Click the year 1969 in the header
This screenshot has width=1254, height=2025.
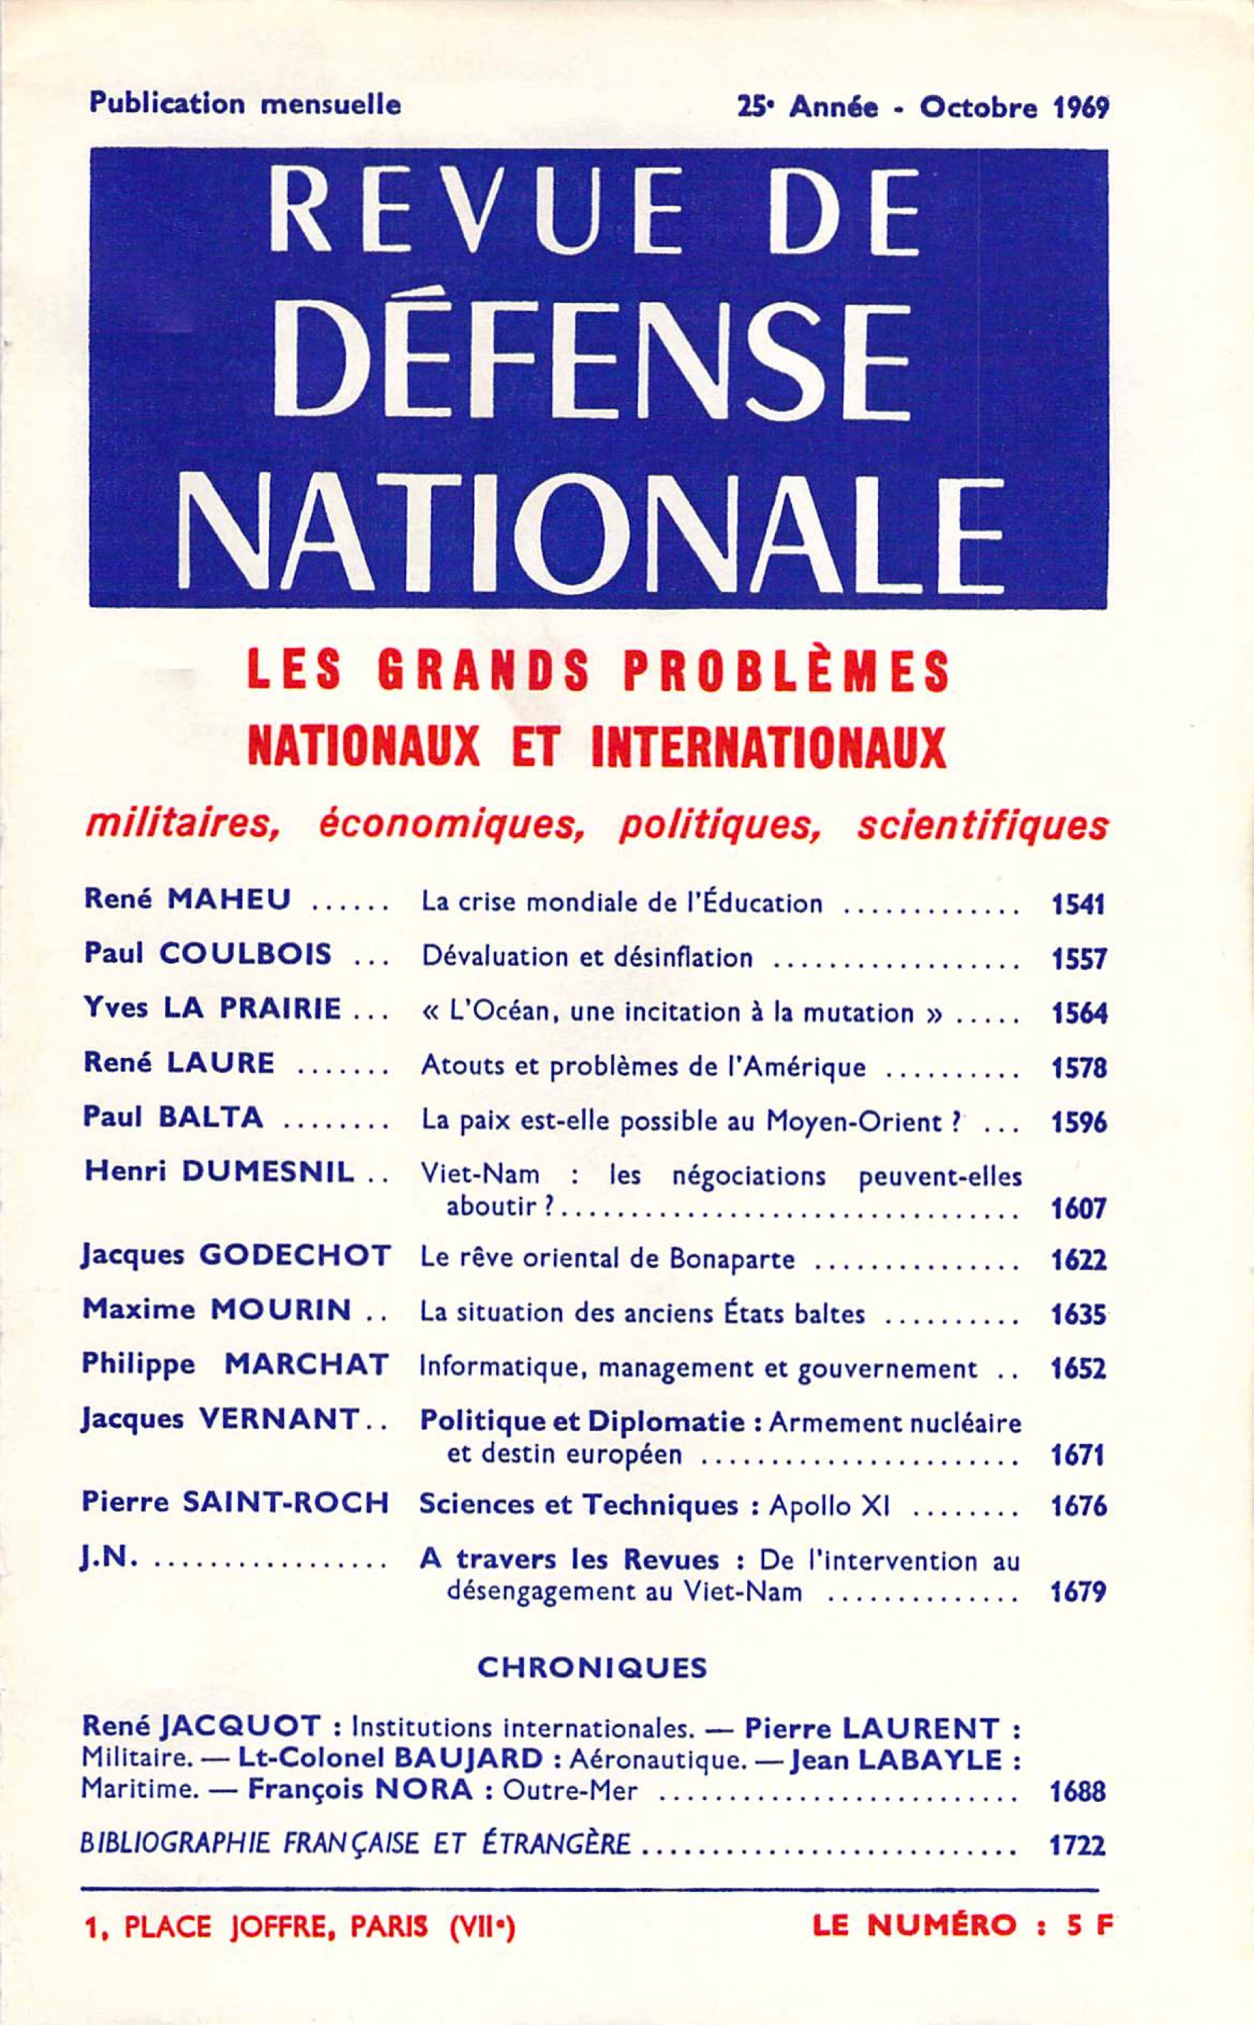pyautogui.click(x=1081, y=109)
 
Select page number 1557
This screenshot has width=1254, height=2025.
pyautogui.click(x=1079, y=959)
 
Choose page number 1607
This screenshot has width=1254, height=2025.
pyautogui.click(x=1079, y=1209)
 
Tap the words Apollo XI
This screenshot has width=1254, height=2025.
pyautogui.click(x=829, y=1505)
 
